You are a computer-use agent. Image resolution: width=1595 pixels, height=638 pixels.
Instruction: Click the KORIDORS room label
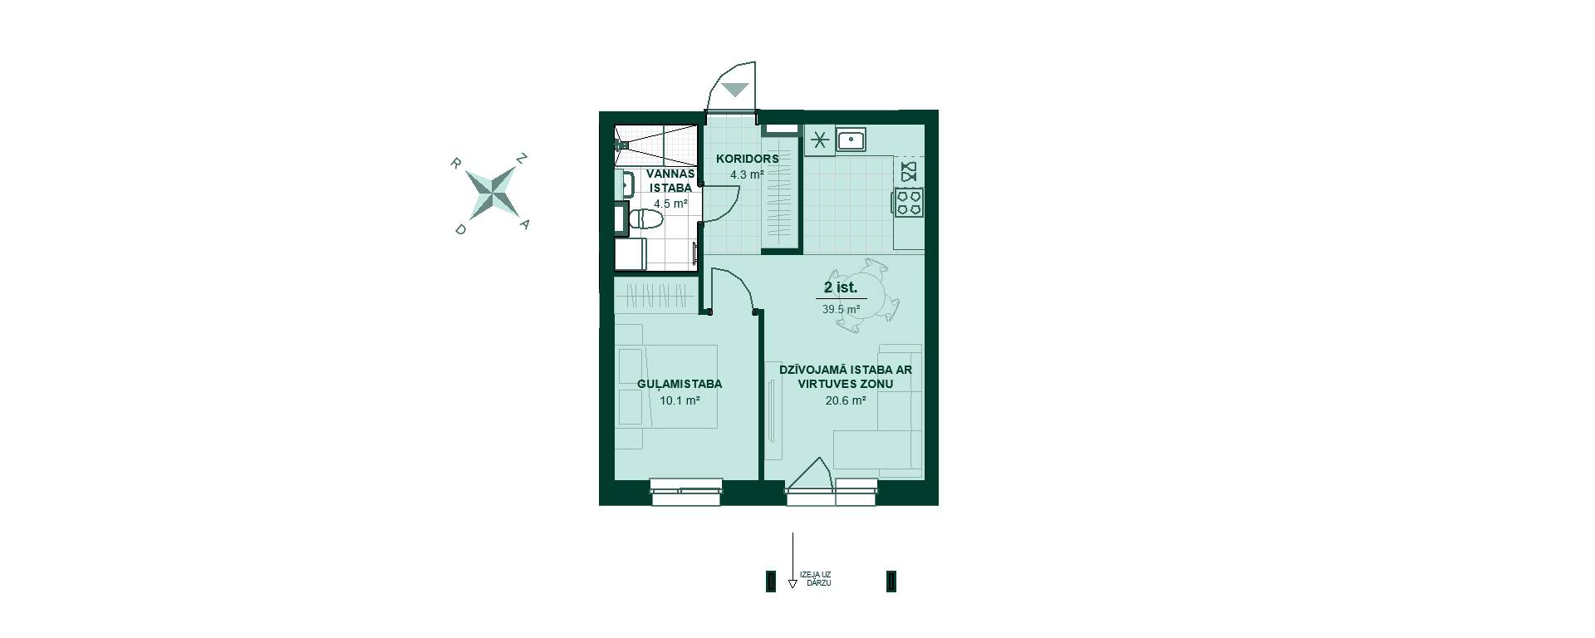tap(747, 159)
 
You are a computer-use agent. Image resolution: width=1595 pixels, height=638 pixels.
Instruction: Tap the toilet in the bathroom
tap(645, 219)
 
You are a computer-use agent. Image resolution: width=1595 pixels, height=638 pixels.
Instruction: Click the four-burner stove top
tap(909, 202)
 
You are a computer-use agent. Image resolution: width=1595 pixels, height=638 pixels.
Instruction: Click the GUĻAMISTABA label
tap(680, 384)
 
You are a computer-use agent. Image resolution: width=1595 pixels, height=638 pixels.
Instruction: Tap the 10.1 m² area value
tap(680, 400)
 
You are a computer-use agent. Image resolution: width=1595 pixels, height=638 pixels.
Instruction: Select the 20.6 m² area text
tap(846, 400)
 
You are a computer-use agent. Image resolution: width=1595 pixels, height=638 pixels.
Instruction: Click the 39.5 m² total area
tap(841, 309)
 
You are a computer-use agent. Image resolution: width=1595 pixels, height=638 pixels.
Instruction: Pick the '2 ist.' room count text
tap(841, 288)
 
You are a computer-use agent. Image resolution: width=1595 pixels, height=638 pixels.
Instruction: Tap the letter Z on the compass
tap(523, 158)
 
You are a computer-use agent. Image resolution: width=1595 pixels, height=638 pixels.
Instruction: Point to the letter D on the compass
tap(460, 229)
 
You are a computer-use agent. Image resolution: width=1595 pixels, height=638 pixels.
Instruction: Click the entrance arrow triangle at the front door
tap(735, 90)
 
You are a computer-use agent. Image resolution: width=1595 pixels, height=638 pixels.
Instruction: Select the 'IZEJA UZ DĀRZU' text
tap(815, 579)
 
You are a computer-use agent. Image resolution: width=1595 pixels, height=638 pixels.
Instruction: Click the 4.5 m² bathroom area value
tap(670, 204)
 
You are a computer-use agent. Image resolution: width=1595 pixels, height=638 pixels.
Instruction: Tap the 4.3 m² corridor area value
tap(746, 175)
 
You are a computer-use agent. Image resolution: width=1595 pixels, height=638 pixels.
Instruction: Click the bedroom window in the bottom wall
tap(686, 491)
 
